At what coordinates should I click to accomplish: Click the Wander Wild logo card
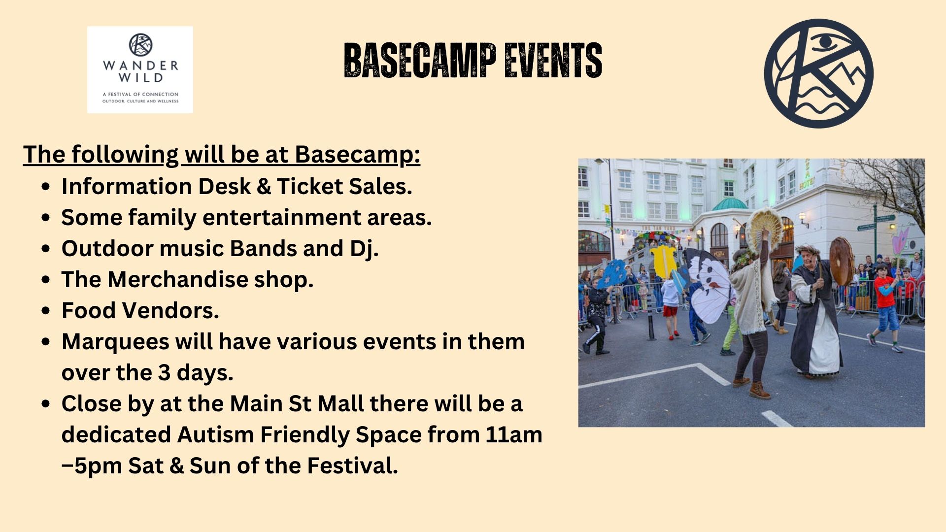(140, 69)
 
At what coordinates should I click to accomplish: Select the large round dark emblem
(818, 73)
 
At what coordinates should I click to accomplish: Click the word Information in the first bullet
(127, 186)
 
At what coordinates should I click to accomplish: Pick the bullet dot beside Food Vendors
(46, 311)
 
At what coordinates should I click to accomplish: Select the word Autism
(215, 434)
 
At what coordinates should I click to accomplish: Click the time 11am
(514, 434)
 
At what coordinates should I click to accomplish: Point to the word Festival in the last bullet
(352, 465)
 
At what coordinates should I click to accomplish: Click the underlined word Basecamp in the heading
(357, 155)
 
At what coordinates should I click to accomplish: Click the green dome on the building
(729, 203)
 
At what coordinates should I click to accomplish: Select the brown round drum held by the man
(842, 261)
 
